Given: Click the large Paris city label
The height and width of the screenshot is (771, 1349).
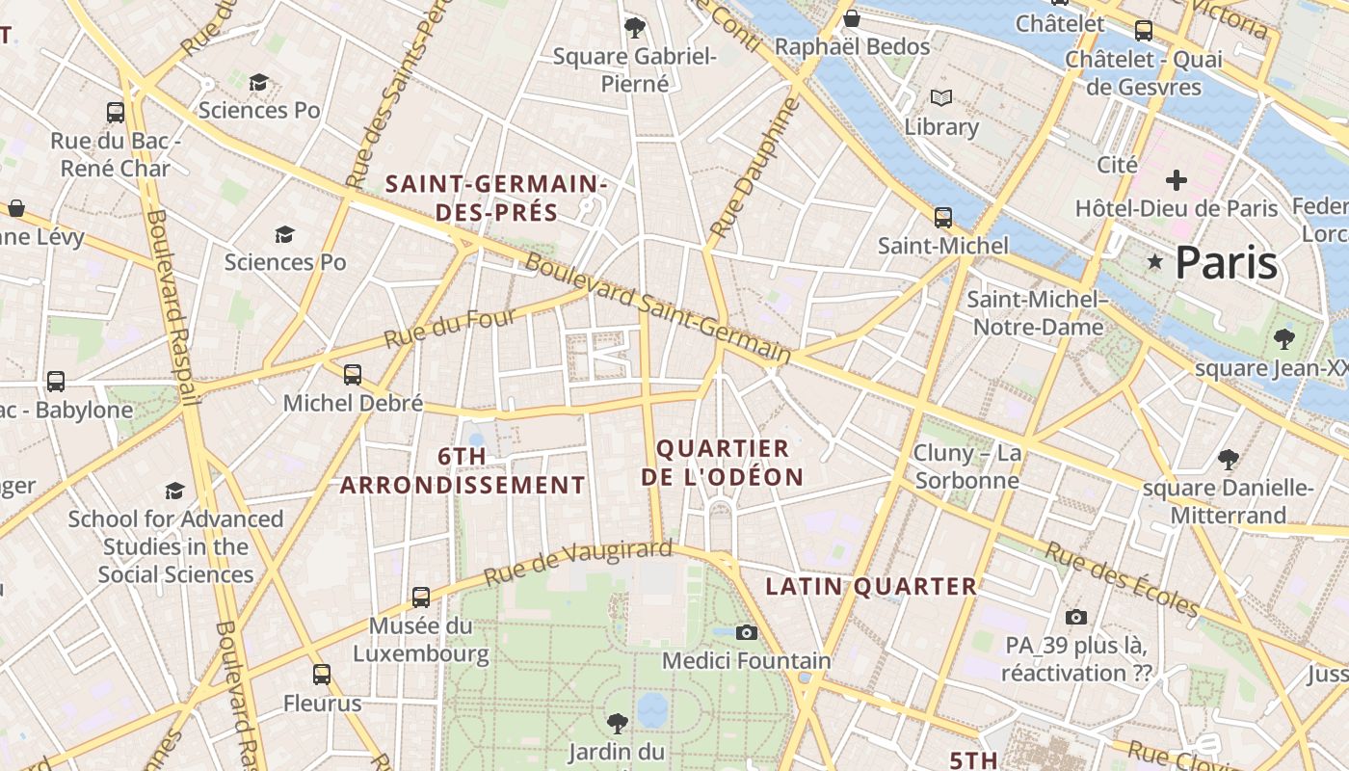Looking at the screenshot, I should pyautogui.click(x=1227, y=262).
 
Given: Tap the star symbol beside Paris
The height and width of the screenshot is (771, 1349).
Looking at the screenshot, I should pyautogui.click(x=1154, y=261).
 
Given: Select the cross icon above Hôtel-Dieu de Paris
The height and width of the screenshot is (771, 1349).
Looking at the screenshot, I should pyautogui.click(x=1176, y=180).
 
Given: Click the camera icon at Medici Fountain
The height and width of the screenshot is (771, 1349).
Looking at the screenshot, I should pyautogui.click(x=746, y=632).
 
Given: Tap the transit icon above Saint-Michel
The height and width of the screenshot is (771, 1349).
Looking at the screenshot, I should pyautogui.click(x=943, y=218).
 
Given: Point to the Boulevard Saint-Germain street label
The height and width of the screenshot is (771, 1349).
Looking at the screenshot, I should pyautogui.click(x=658, y=308).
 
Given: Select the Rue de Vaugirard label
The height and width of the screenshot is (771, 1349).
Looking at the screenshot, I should pyautogui.click(x=577, y=563).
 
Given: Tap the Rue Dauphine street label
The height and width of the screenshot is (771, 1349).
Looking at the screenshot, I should pyautogui.click(x=754, y=169).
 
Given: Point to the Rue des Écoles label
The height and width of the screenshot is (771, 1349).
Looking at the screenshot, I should pyautogui.click(x=1123, y=579).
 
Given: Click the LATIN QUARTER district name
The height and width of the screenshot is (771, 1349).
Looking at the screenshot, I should pyautogui.click(x=871, y=586).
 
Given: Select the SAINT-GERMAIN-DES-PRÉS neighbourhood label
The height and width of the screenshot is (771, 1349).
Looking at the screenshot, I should pyautogui.click(x=496, y=198).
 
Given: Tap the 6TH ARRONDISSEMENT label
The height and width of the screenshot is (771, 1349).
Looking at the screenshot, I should pyautogui.click(x=463, y=470).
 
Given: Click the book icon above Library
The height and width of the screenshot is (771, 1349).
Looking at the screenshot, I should pyautogui.click(x=940, y=97).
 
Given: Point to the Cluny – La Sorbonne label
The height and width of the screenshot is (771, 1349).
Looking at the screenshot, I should pyautogui.click(x=966, y=466).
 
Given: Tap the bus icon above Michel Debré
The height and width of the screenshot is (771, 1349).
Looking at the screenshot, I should pyautogui.click(x=353, y=374).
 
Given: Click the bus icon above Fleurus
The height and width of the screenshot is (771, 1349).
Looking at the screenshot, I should pyautogui.click(x=322, y=674).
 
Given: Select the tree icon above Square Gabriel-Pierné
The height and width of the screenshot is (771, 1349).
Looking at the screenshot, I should pyautogui.click(x=634, y=27).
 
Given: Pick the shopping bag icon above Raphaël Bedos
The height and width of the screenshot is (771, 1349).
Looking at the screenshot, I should pyautogui.click(x=852, y=18).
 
